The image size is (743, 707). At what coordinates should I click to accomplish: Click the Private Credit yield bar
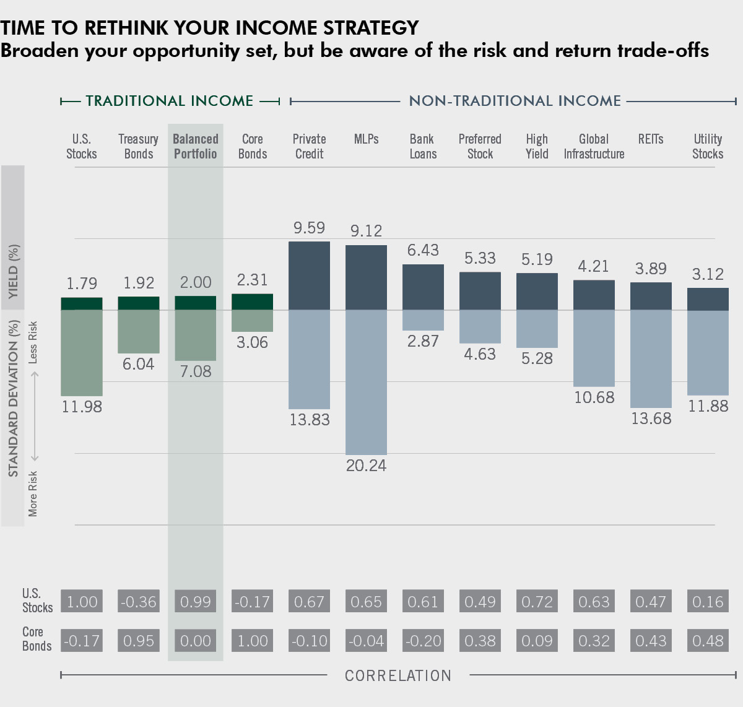pyautogui.click(x=309, y=275)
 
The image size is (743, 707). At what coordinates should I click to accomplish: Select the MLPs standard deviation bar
pyautogui.click(x=366, y=382)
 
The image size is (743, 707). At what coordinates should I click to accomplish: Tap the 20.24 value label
pyautogui.click(x=366, y=466)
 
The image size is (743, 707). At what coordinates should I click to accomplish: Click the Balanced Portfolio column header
pyautogui.click(x=195, y=147)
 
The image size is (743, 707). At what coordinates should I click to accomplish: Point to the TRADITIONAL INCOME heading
pyautogui.click(x=170, y=101)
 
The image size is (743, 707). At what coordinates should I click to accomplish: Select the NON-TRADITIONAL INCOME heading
pyautogui.click(x=515, y=101)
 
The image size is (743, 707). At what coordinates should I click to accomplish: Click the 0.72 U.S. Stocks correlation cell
pyautogui.click(x=537, y=602)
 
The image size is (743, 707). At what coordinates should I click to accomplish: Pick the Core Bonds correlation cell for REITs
pyautogui.click(x=651, y=641)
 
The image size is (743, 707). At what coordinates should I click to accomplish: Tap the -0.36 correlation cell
pyautogui.click(x=139, y=602)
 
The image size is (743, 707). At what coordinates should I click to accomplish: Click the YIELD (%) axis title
pyautogui.click(x=13, y=271)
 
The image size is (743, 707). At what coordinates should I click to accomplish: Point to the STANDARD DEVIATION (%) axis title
pyautogui.click(x=13, y=398)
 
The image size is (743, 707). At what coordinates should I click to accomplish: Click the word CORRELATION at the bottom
pyautogui.click(x=398, y=675)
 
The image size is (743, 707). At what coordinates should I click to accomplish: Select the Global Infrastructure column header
pyautogui.click(x=594, y=147)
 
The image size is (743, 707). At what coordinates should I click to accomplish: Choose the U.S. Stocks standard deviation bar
pyautogui.click(x=82, y=353)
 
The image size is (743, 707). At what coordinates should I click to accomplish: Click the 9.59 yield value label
pyautogui.click(x=309, y=228)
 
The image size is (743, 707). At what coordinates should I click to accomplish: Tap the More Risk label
pyautogui.click(x=33, y=493)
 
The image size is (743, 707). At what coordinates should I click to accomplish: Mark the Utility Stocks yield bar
pyautogui.click(x=708, y=299)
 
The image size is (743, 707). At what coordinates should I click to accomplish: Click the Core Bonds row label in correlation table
pyautogui.click(x=37, y=639)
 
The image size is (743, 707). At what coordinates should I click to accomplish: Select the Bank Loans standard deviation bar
pyautogui.click(x=423, y=320)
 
